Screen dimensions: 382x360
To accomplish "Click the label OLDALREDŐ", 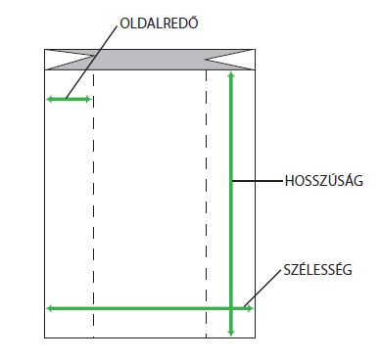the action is click(159, 23).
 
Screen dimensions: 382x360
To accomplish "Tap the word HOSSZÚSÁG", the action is click(323, 181).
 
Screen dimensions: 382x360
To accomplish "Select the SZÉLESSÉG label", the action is click(317, 270).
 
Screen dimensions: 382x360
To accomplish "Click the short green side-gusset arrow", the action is click(69, 99).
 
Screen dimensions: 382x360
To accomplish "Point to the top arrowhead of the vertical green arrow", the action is click(231, 74).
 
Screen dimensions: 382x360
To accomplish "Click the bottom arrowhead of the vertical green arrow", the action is click(231, 333).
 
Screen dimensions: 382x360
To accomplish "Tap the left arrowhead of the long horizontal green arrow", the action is click(49, 308).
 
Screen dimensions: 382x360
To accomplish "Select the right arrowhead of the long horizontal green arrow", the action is click(250, 308).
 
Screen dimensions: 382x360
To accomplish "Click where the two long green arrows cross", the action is click(231, 308).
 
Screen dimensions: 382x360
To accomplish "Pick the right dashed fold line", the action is click(206, 204).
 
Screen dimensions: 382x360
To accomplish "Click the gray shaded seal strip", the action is click(150, 60).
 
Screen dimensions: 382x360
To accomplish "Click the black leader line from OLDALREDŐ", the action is click(91, 62).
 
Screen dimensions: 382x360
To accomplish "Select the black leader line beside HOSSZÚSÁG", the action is click(258, 180).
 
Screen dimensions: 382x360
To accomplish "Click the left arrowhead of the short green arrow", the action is click(49, 99).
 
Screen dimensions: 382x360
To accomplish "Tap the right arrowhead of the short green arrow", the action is click(88, 99).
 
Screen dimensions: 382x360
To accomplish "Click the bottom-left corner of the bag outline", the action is click(45, 337).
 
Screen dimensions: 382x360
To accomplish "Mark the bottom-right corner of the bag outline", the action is click(255, 337).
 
